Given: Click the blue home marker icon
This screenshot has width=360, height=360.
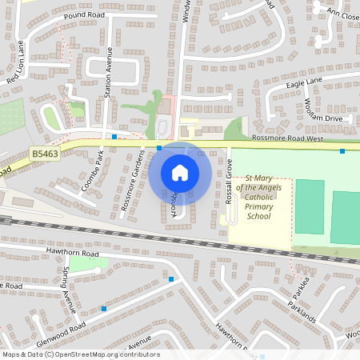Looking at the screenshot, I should (180, 173).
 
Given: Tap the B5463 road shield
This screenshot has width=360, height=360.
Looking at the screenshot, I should (46, 152).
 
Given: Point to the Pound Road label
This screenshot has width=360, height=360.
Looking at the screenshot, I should (86, 15).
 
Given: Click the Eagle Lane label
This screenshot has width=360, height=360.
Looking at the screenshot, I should (303, 82).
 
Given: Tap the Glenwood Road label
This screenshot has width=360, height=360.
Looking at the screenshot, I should (60, 327).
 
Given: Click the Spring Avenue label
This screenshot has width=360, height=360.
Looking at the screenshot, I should (67, 290).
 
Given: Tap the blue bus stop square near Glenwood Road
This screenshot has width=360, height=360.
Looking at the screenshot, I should (104, 308).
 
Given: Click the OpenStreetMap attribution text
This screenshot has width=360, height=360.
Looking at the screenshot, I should (80, 354).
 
